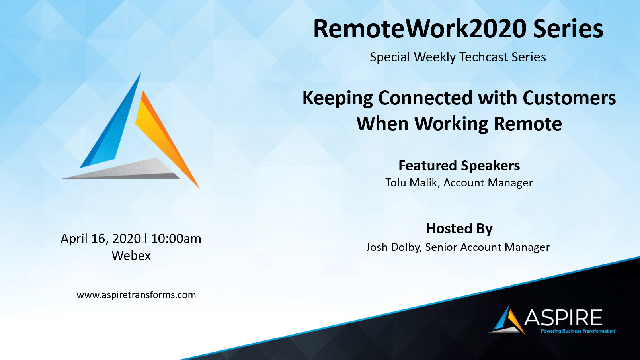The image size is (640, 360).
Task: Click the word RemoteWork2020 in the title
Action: point(420,29)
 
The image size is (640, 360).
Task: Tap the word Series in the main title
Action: point(568,29)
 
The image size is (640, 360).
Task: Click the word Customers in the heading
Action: point(569,98)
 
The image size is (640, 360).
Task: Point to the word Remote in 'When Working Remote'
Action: point(528,123)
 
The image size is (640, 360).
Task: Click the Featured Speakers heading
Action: point(459,166)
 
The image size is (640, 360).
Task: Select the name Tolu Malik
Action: point(411,183)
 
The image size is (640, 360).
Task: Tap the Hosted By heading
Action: point(459,229)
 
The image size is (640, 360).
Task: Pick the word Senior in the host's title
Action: point(441,247)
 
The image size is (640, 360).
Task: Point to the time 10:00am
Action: point(176,239)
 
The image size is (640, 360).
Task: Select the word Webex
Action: point(131,256)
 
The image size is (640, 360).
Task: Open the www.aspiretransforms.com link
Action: point(136,295)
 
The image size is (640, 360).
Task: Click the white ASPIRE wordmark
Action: point(563,317)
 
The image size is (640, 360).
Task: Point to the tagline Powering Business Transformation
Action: point(578,331)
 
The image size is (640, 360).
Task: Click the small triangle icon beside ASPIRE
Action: point(507,320)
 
